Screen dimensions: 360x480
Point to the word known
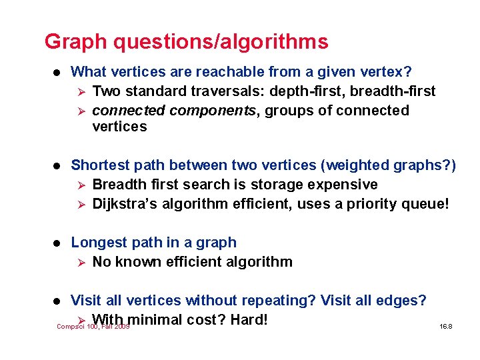coord(137,262)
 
